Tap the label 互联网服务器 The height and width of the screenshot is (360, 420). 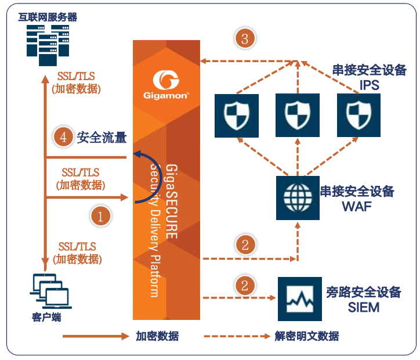click(x=48, y=17)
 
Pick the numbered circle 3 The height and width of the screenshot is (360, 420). click(x=245, y=39)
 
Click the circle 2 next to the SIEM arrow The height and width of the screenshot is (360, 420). click(x=245, y=285)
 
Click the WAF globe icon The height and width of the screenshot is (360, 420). click(x=298, y=197)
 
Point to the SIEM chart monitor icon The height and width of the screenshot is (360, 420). click(x=299, y=298)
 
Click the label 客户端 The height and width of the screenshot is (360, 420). click(x=47, y=318)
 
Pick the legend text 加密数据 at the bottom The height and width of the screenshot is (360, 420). click(x=157, y=336)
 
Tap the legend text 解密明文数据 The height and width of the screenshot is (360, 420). click(x=306, y=336)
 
